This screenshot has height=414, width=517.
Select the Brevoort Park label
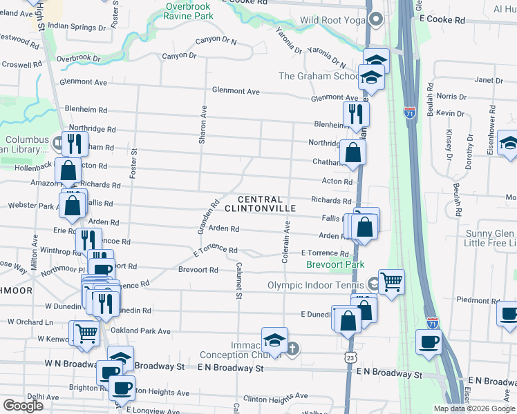pyautogui.click(x=335, y=264)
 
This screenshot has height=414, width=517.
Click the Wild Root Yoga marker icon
pyautogui.click(x=376, y=19)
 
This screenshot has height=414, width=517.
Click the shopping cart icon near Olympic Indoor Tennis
pyautogui.click(x=391, y=282)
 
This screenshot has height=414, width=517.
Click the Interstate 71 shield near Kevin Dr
pyautogui.click(x=410, y=112)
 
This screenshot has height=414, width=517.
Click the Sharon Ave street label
pyautogui.click(x=203, y=125)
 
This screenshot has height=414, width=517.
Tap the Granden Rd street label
pyautogui.click(x=211, y=215)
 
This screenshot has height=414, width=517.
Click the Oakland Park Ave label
pyautogui.click(x=140, y=331)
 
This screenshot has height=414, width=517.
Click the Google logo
pyautogui.click(x=23, y=406)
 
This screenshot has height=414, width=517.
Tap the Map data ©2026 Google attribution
pyautogui.click(x=473, y=408)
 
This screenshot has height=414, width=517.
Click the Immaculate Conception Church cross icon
pyautogui.click(x=292, y=348)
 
